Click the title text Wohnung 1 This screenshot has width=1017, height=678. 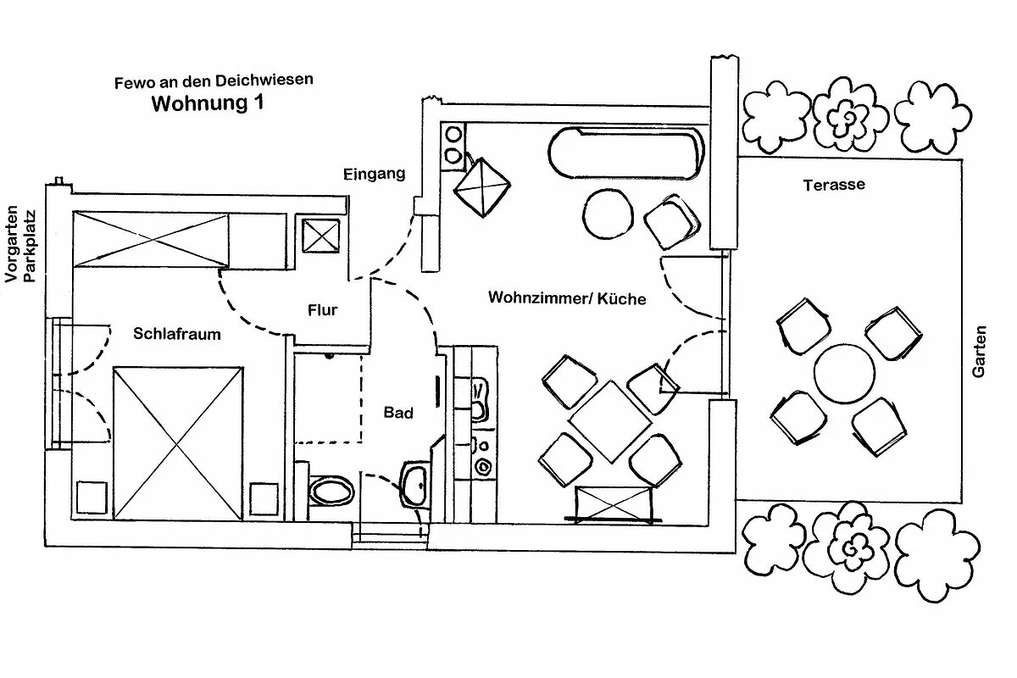208,103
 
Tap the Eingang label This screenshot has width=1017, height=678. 374,175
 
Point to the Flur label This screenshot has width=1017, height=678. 323,310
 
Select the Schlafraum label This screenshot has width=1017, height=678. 177,334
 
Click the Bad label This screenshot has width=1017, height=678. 398,413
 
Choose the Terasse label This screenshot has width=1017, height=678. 834,185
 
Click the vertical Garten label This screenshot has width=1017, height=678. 980,352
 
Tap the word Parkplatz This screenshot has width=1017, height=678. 29,246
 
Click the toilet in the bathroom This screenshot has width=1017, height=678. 331,491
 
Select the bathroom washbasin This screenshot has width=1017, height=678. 414,485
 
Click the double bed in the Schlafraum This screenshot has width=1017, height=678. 178,443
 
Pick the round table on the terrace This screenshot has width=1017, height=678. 844,373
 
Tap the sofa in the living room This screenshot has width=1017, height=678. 626,153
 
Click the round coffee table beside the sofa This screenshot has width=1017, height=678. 608,214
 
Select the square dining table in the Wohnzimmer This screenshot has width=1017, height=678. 611,422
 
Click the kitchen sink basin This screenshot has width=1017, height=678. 479,400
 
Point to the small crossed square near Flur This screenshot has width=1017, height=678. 321,236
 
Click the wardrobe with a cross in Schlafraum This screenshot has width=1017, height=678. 151,239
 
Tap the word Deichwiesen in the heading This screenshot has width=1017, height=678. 264,80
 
